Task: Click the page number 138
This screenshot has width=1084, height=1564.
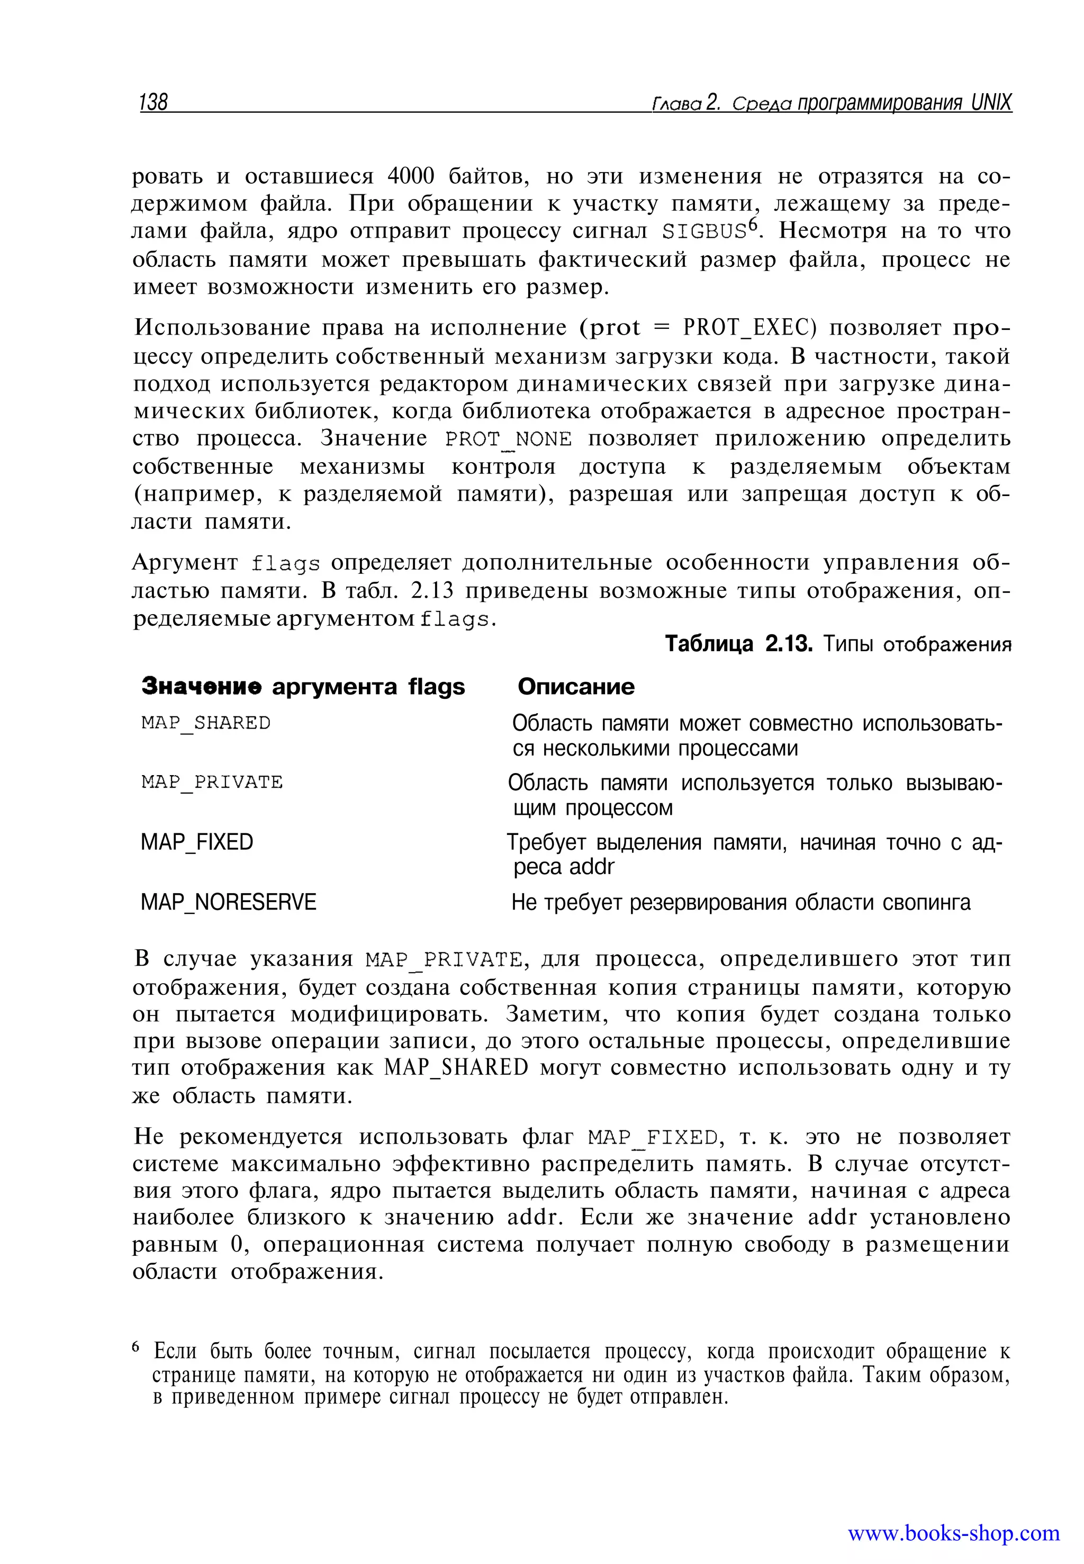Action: tap(153, 102)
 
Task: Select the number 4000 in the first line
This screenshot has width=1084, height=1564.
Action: tap(410, 176)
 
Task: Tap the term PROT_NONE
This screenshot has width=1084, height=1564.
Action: tap(509, 439)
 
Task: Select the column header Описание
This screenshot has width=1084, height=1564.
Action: tap(575, 687)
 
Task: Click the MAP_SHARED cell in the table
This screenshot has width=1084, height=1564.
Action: tap(206, 723)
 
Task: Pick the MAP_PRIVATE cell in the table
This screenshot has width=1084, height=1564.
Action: tap(212, 783)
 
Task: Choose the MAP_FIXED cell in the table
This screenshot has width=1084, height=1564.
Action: tap(196, 842)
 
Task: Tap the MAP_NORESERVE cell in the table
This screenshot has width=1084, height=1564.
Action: tap(228, 902)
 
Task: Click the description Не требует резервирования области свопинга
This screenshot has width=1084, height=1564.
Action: tap(740, 902)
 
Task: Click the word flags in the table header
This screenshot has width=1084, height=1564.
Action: tap(436, 687)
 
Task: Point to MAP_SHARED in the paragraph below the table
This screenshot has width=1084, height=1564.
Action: tap(456, 1068)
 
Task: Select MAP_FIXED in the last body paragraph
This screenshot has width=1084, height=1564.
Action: tap(653, 1138)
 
